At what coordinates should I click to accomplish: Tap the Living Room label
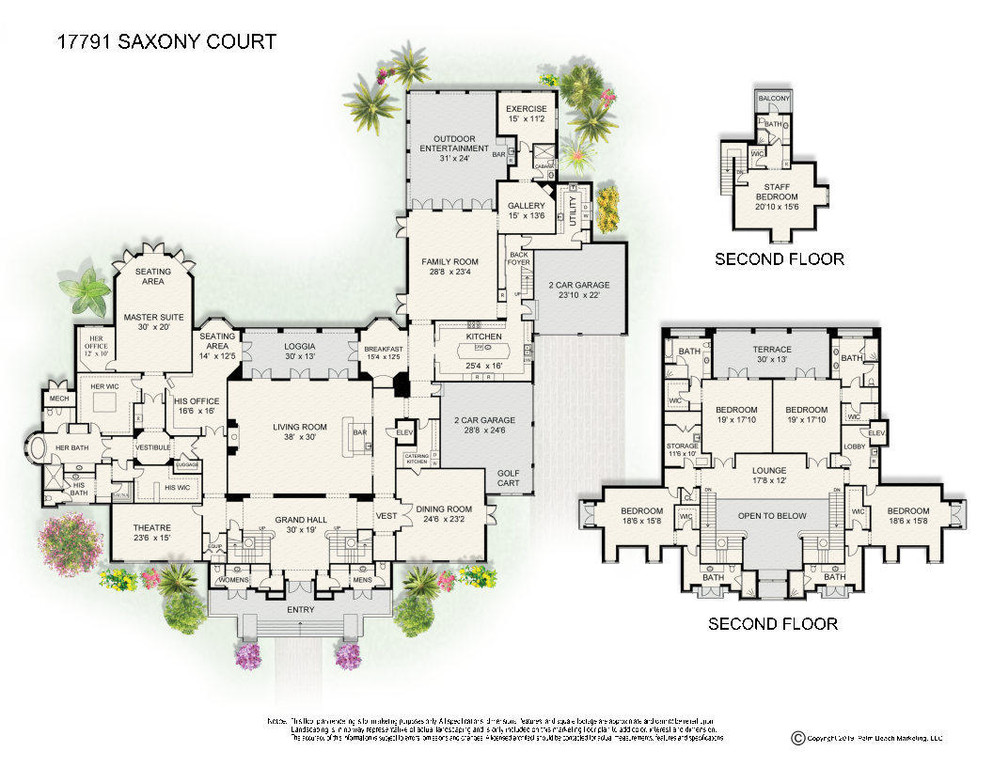point(299,428)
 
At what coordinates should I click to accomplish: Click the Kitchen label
point(484,337)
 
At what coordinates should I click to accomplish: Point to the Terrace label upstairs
point(773,350)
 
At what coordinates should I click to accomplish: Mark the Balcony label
point(775,98)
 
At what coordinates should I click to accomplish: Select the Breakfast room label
point(384,348)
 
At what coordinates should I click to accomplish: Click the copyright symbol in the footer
point(798,739)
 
